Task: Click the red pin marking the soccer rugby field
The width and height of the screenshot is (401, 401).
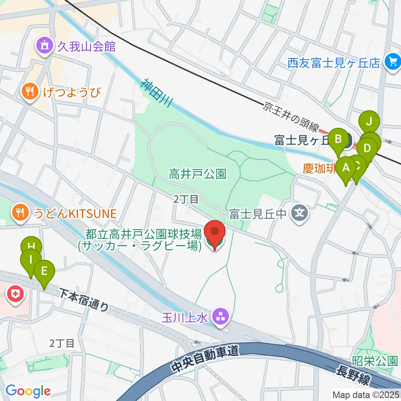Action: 215,234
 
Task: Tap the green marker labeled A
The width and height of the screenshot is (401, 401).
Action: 346,168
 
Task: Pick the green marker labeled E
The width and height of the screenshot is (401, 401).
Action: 44,273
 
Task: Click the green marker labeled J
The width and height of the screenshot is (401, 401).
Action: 369,122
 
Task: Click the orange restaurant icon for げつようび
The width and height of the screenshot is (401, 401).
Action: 29,91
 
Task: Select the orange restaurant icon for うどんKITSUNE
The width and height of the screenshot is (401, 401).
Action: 19,213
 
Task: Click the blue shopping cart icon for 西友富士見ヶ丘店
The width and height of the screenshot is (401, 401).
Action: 392,62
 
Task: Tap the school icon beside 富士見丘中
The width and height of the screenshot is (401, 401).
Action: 299,214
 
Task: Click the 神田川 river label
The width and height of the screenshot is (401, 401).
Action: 155,93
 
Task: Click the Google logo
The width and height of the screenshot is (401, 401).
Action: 28,391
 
